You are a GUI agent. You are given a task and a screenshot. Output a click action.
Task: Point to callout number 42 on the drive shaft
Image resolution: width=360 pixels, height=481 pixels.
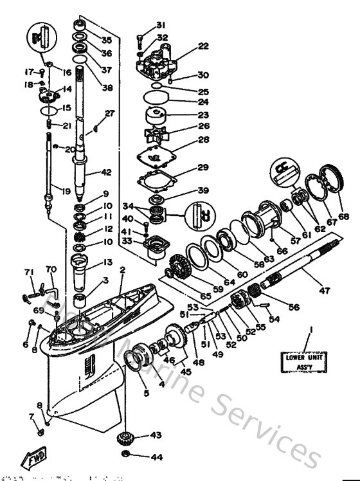[106, 172]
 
